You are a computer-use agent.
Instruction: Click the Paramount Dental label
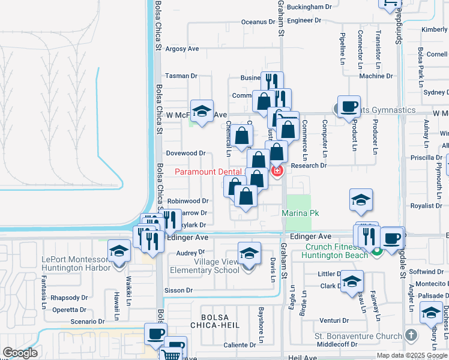pos(208,172)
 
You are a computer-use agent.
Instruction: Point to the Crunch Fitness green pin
pos(376,252)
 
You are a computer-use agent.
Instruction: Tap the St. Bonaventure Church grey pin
pos(411,334)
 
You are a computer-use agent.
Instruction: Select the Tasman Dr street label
pos(181,76)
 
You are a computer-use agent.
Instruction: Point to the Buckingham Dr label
pos(309,7)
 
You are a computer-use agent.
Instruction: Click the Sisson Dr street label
pos(178,290)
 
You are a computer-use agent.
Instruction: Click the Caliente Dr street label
pos(240,345)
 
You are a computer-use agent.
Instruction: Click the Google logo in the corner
pos(20,353)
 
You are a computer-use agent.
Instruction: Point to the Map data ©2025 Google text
pos(412,355)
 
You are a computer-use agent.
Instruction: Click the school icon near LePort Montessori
pos(119,251)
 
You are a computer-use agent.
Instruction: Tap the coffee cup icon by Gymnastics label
pos(349,107)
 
